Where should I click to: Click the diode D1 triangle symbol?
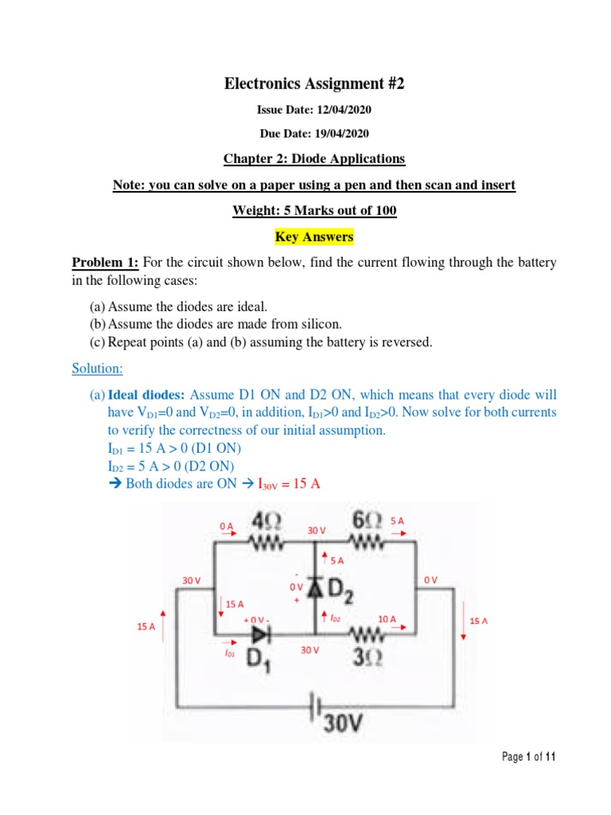pos(260,634)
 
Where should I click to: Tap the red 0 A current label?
pos(226,526)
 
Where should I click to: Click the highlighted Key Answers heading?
pos(314,237)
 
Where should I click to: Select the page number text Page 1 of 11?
pos(528,757)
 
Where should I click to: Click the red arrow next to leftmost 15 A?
pos(163,626)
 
